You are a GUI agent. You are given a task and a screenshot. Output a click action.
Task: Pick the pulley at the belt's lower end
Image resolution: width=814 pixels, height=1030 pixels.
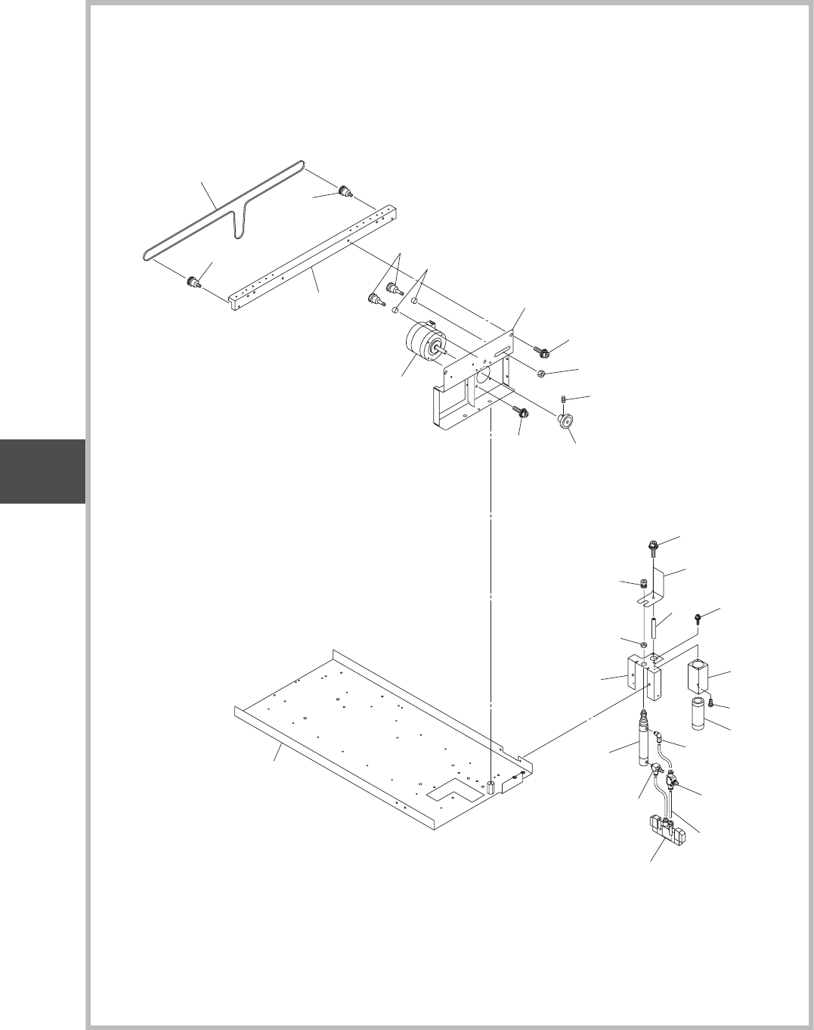click(192, 284)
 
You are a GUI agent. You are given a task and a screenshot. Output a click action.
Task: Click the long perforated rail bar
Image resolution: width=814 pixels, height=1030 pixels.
click(310, 257)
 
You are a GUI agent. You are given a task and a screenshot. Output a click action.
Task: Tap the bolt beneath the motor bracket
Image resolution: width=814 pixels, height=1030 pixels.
click(520, 412)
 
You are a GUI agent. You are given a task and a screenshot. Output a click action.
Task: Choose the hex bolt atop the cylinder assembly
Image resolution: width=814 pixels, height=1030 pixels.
click(652, 544)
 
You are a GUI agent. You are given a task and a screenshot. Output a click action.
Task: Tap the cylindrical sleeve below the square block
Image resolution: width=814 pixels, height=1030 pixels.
click(699, 715)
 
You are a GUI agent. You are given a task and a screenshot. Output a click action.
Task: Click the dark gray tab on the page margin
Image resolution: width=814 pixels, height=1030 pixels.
click(42, 470)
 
